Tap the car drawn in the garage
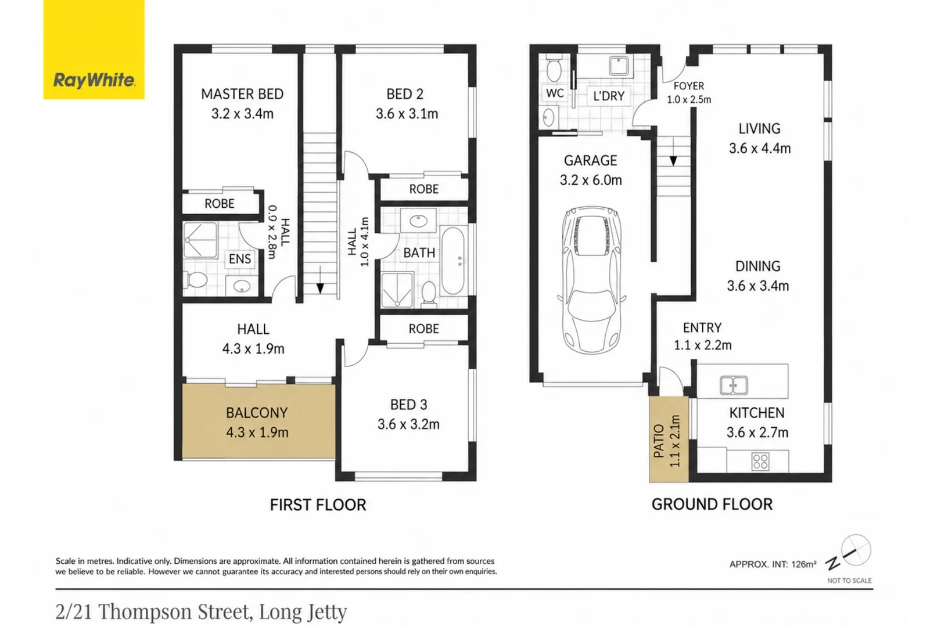point(591,280)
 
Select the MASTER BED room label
point(242,93)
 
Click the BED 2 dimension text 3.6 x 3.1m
point(407,113)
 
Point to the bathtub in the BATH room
point(453,260)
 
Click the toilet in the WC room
point(554,69)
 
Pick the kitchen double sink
point(734,385)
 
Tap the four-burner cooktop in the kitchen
point(760,461)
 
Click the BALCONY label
point(257,412)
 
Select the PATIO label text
point(659,441)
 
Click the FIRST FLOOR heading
point(318,505)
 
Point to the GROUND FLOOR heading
point(712,504)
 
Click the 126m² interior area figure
point(804,564)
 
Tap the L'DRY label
point(609,96)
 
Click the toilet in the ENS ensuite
point(196,279)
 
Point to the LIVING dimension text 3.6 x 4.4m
point(760,148)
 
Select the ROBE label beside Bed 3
point(424,329)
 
